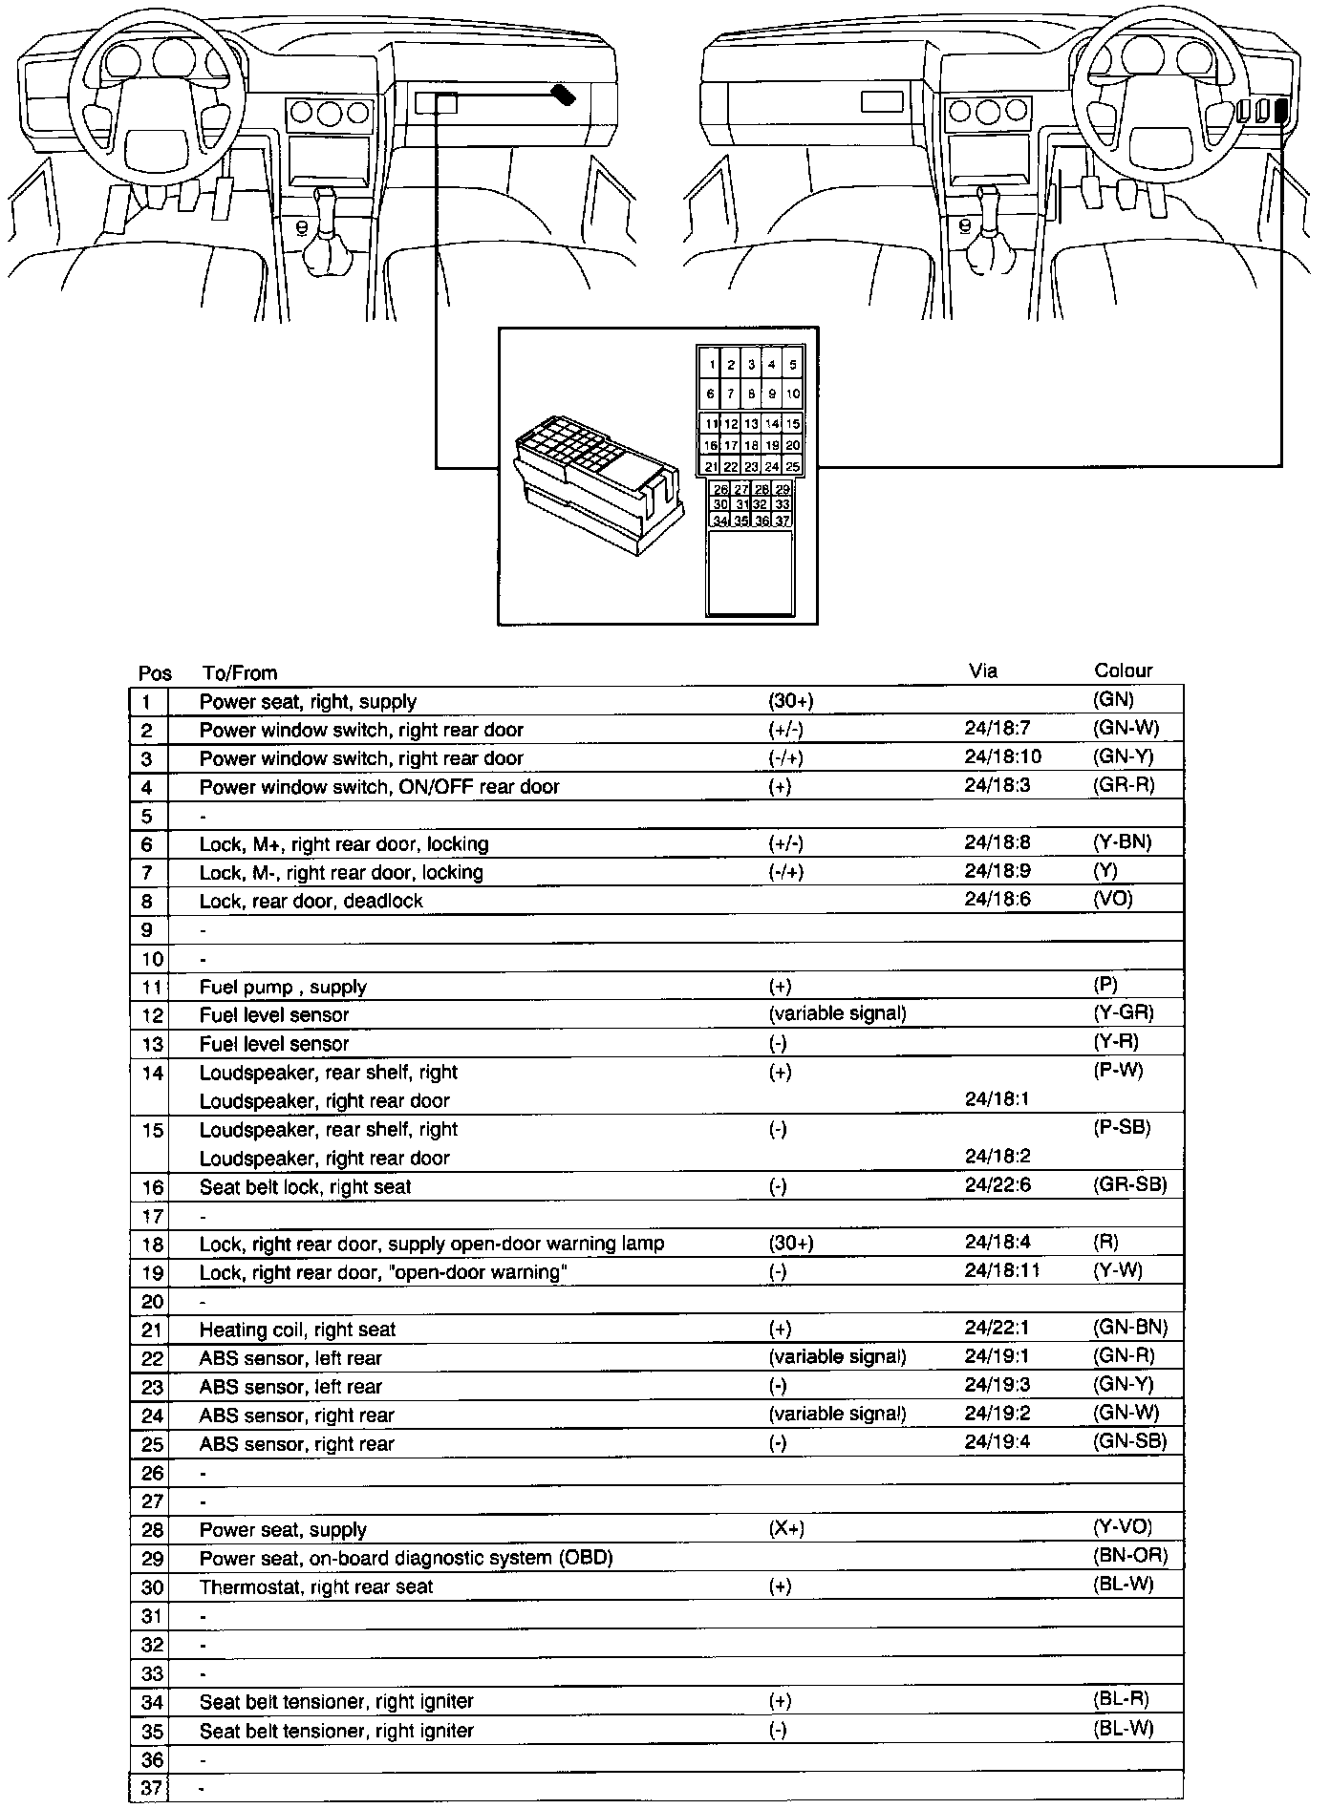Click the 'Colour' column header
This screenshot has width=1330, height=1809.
(x=1123, y=670)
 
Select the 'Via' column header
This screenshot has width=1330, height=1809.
(x=983, y=670)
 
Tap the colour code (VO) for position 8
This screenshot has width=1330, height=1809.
(x=1112, y=899)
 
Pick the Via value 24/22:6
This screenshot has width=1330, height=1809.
(x=997, y=1185)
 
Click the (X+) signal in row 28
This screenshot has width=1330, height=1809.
(x=786, y=1528)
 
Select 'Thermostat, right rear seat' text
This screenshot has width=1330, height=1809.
(x=316, y=1586)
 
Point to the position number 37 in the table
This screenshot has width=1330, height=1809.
(x=152, y=1788)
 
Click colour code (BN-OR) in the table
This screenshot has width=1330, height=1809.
(x=1130, y=1557)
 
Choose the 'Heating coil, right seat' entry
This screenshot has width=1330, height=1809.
(x=297, y=1329)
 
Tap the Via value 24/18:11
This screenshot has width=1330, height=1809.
(x=1001, y=1270)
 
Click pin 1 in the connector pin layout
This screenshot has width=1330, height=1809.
(x=712, y=364)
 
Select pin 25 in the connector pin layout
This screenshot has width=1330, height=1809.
(x=793, y=467)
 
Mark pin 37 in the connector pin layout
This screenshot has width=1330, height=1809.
(x=783, y=521)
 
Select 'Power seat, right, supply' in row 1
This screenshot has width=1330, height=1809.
(x=308, y=701)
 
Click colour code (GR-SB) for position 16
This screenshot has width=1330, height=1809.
(x=1129, y=1185)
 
